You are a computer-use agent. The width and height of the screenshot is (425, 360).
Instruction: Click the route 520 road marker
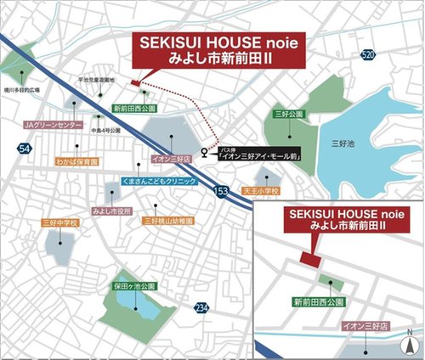point(366,54)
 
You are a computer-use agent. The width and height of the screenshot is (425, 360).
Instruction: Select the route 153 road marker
point(222,191)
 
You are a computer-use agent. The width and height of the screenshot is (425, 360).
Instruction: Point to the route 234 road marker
point(201,307)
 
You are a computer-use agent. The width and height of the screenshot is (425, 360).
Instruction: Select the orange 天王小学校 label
point(260,191)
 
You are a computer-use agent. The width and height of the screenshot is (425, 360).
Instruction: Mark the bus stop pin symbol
point(204,154)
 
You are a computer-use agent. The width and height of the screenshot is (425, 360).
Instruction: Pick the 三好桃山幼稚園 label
point(168,221)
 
